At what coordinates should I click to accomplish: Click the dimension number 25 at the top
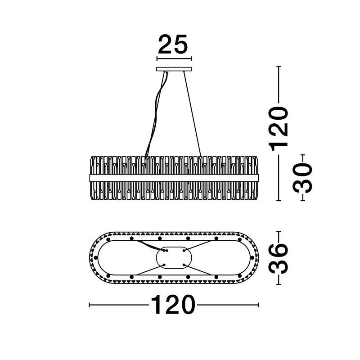point(173,45)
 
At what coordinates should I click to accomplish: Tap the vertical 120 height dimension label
point(279,128)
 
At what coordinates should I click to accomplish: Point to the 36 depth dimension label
point(279,258)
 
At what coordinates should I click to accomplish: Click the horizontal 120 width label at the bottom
point(173,305)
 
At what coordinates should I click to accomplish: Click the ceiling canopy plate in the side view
point(174,69)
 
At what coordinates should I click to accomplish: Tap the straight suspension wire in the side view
point(192,114)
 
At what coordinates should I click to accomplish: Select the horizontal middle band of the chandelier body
point(174,178)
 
